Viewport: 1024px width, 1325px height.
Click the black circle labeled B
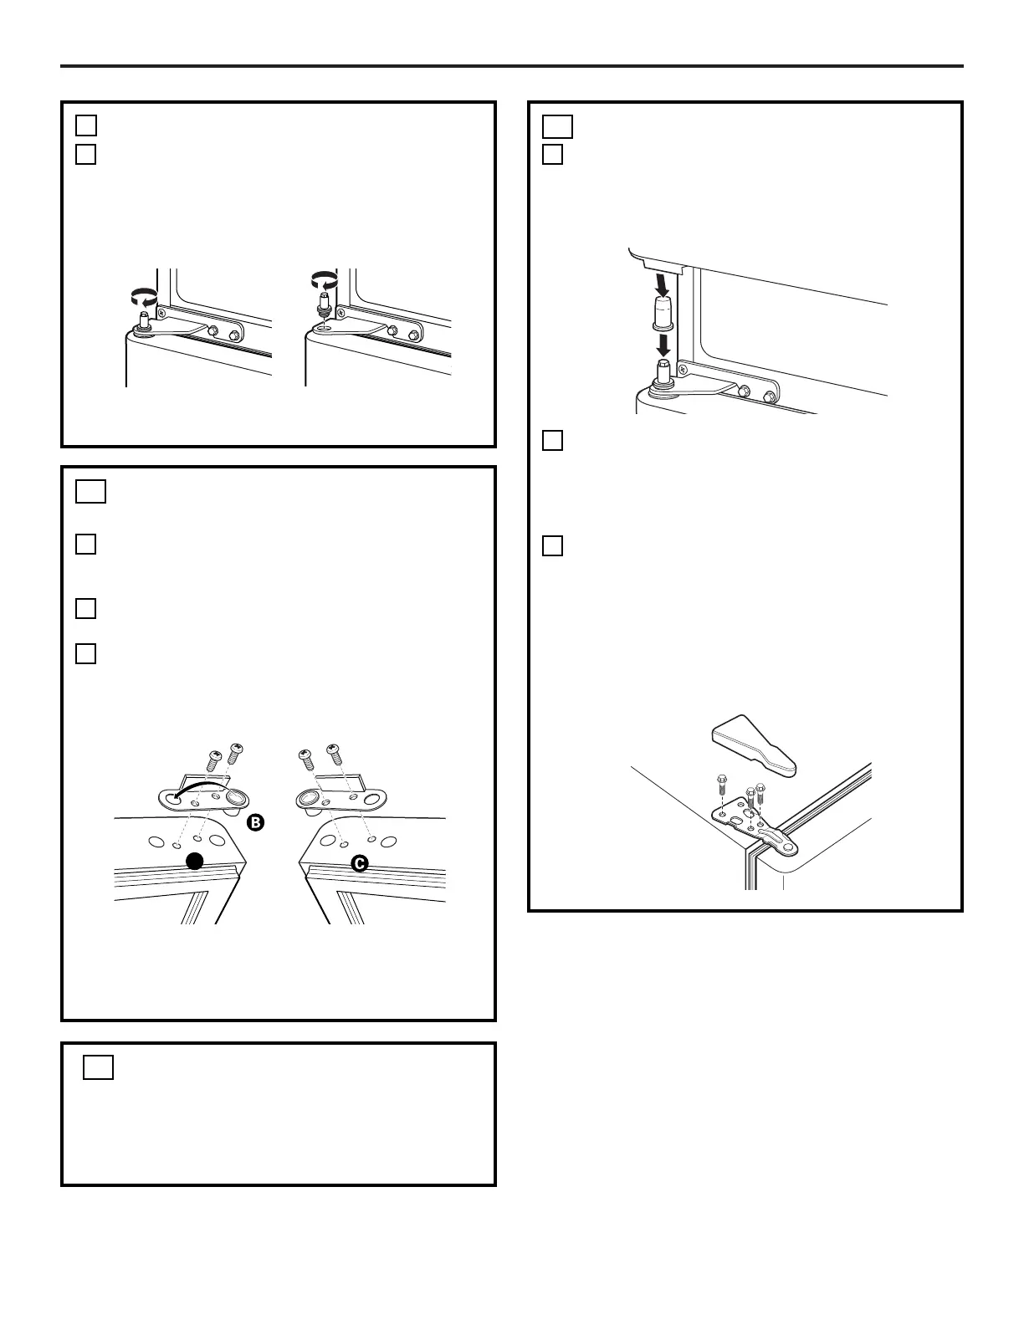255,822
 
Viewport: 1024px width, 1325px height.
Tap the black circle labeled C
360,863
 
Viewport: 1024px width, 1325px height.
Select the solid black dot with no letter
195,862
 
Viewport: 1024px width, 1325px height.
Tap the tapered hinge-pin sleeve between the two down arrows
663,314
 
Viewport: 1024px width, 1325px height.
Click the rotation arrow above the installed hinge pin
144,298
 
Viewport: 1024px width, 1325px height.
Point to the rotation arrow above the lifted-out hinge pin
325,280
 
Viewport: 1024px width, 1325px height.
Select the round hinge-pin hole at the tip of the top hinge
789,848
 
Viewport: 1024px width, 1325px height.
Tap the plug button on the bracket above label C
307,797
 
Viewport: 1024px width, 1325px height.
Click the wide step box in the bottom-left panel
98,1067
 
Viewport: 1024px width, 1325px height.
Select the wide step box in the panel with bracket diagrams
91,492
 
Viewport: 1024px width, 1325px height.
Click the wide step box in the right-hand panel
557,127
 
